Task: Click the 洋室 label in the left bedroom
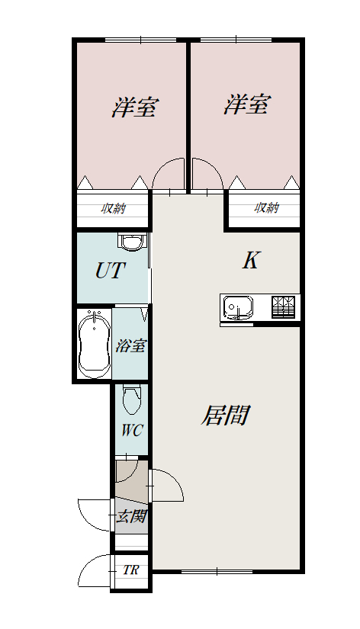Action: [x=135, y=107]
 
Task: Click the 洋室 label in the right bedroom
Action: [x=247, y=104]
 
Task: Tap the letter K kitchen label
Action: [x=251, y=260]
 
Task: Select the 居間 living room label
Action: [x=226, y=415]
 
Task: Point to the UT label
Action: [x=111, y=271]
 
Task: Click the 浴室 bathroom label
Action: [x=130, y=345]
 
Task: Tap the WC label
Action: [x=132, y=431]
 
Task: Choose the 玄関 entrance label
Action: [x=131, y=517]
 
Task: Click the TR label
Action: [x=130, y=570]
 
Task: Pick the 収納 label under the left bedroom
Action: [x=114, y=209]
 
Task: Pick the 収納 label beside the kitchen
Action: [x=266, y=207]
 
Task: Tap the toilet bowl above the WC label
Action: [x=131, y=400]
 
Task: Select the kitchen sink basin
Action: [x=239, y=308]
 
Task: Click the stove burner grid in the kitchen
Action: [x=283, y=307]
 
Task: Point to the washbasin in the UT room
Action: [x=131, y=242]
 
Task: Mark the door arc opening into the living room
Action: [x=175, y=477]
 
